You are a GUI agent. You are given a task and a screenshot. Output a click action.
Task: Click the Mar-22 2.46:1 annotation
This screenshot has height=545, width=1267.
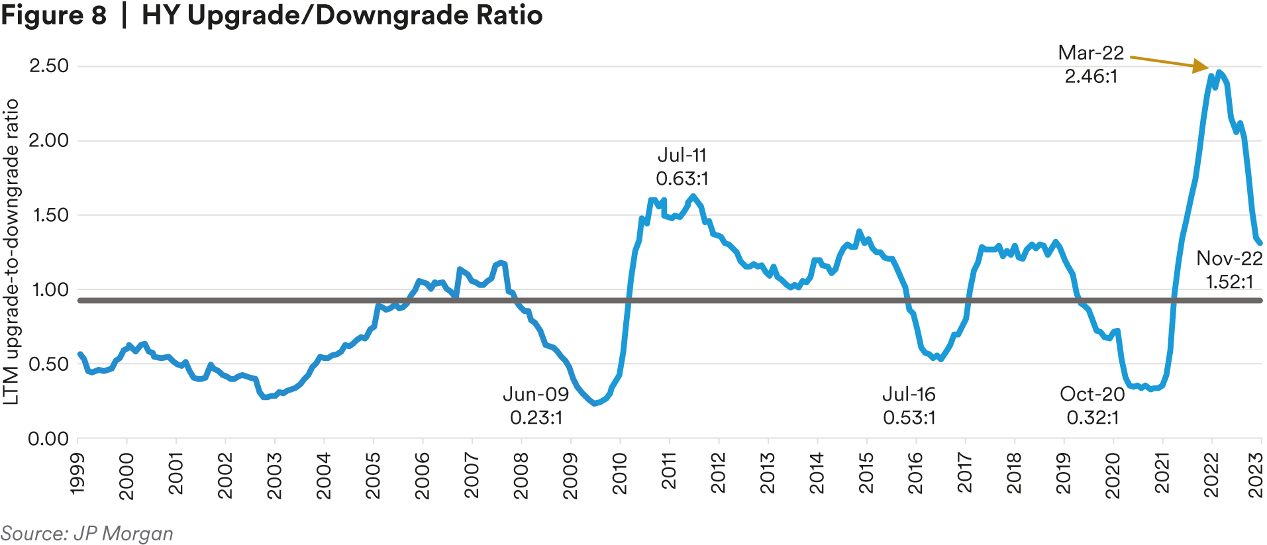click(1091, 64)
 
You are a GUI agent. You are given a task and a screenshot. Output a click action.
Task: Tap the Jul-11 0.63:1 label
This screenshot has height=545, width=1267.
click(682, 167)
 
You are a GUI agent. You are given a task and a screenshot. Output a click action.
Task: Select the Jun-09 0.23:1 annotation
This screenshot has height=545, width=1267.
click(536, 406)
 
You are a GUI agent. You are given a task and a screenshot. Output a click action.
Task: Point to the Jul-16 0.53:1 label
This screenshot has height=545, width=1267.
click(909, 406)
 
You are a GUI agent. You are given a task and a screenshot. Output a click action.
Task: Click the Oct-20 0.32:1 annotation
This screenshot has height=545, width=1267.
click(1092, 406)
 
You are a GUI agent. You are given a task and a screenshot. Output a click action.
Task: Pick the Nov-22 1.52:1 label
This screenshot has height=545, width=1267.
click(1229, 270)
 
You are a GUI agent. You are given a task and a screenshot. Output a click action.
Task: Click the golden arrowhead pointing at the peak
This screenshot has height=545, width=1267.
click(1201, 66)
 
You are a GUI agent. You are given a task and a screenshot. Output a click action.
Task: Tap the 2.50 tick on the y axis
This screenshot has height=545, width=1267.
click(49, 66)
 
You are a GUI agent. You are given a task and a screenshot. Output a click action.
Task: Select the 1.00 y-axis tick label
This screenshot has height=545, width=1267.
click(49, 289)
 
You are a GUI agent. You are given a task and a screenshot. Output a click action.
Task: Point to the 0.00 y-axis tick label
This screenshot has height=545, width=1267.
click(49, 438)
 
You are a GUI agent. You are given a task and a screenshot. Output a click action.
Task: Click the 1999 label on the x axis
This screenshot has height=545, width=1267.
click(77, 473)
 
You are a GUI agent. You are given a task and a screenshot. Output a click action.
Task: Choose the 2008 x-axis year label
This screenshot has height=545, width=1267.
click(521, 473)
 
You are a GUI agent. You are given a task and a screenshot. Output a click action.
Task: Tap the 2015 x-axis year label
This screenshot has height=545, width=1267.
click(866, 473)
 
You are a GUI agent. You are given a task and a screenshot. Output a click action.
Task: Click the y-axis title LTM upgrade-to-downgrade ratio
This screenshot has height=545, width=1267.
click(11, 252)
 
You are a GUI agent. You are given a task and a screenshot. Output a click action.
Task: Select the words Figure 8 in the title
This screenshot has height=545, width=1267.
click(54, 15)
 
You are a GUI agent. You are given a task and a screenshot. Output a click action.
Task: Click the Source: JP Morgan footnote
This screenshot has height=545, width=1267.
click(87, 534)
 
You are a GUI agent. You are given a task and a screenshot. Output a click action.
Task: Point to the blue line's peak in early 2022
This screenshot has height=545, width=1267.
click(1219, 72)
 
